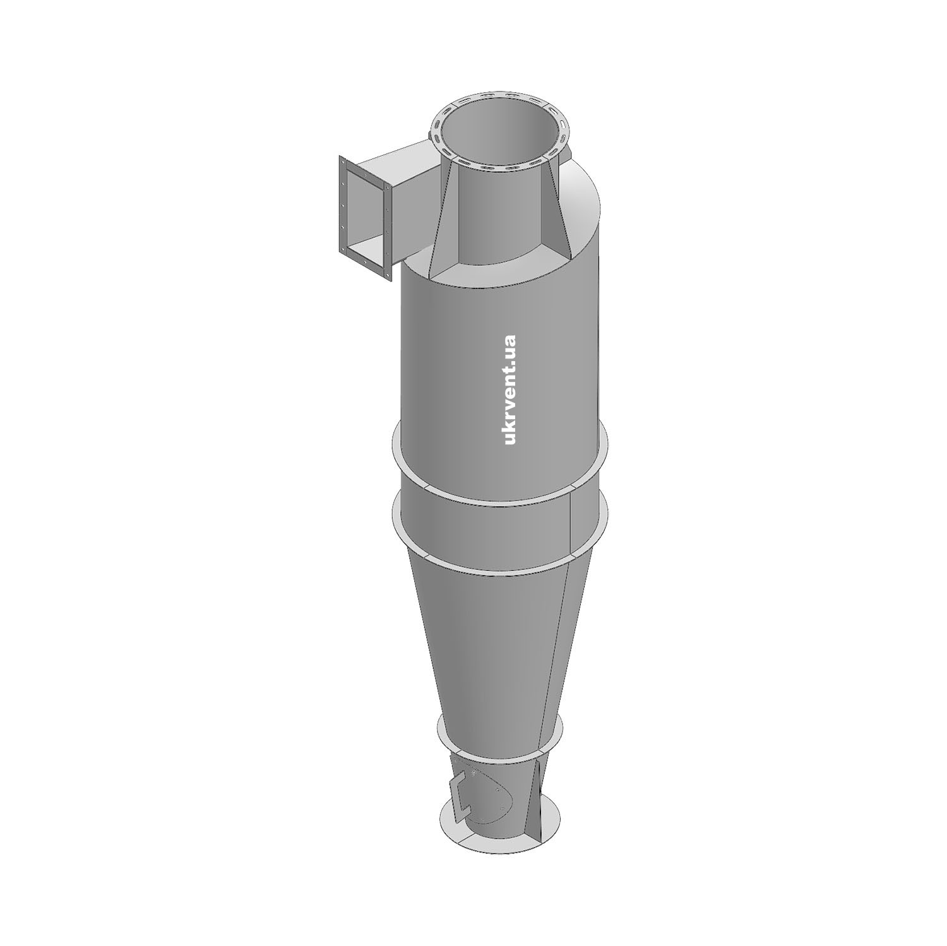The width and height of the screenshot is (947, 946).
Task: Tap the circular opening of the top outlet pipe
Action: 500,133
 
